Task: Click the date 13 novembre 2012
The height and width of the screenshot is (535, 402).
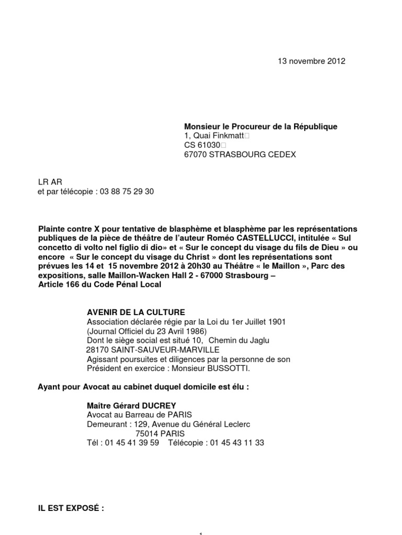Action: (311, 61)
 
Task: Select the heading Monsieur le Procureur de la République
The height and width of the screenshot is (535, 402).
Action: (261, 126)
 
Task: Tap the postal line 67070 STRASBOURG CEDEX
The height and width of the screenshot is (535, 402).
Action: (240, 155)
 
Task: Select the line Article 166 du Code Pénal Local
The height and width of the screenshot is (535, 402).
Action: (100, 285)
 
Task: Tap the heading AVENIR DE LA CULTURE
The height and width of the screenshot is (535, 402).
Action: (136, 312)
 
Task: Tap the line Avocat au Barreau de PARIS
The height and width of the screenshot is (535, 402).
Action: (132, 415)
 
